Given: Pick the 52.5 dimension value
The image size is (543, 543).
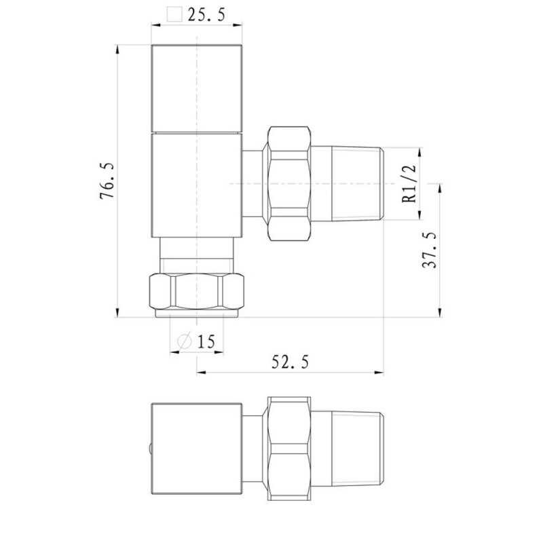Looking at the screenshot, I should [x=291, y=362].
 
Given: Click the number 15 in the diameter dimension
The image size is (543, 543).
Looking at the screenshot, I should [x=206, y=341].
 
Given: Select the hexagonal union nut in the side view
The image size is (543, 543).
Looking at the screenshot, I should [x=289, y=183].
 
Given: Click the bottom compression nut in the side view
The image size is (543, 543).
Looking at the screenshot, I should [x=197, y=292].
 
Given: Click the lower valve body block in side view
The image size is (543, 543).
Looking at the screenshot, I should [x=197, y=185].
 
